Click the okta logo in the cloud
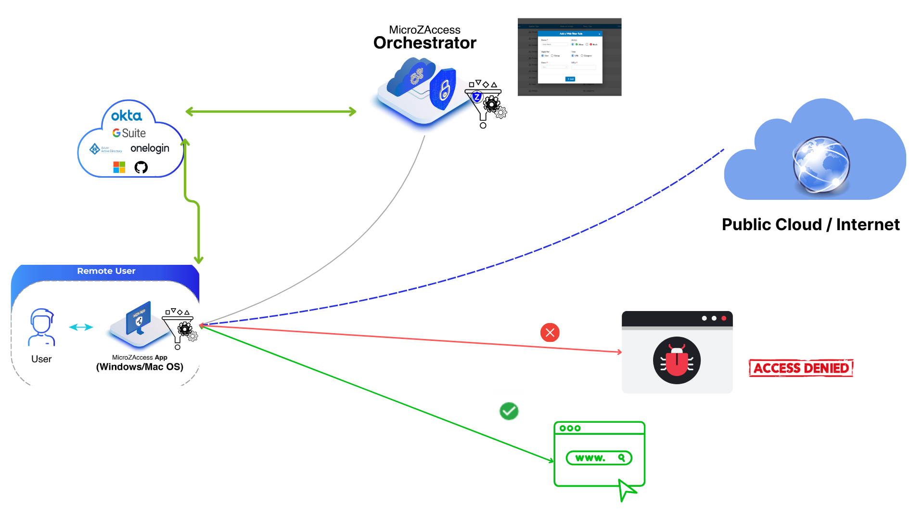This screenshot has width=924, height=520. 127,116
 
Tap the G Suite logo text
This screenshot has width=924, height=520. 129,133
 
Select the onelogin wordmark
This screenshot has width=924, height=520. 150,148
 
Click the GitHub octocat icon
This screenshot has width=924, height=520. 141,167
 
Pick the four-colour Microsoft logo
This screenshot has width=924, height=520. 119,167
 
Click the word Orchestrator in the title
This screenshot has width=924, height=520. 424,43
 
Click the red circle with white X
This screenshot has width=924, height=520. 550,332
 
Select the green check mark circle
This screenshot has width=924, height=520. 509,411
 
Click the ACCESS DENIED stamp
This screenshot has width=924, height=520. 801,368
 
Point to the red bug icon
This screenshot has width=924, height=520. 677,361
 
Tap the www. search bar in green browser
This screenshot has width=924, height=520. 599,458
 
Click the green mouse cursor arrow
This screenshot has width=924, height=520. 627,490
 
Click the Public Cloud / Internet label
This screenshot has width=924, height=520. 810,225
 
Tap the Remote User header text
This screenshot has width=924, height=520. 106,271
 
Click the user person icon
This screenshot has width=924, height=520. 42,327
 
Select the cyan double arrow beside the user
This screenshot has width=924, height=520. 81,327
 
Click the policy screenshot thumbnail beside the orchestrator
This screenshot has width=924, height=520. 569,57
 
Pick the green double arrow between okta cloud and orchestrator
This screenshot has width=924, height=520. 271,112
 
